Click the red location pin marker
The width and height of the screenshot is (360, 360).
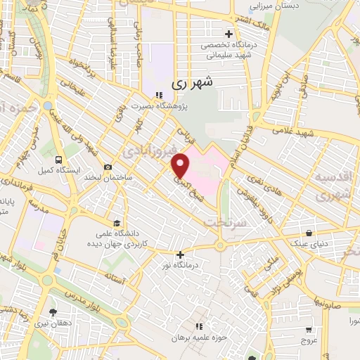click(181, 165)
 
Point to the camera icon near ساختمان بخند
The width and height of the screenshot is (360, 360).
click(108, 167)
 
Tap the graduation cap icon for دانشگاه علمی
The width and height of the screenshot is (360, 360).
click(115, 223)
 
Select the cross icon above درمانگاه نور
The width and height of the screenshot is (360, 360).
click(181, 255)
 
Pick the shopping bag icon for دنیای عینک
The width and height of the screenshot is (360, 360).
click(309, 233)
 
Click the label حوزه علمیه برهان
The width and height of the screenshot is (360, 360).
click(200, 337)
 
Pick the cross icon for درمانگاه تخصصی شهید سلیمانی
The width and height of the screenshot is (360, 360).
click(229, 34)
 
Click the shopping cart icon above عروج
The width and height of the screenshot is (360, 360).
click(308, 329)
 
